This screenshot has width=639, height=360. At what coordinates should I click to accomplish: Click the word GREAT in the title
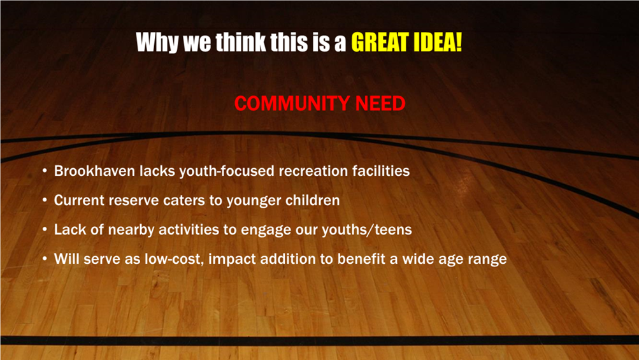(380, 42)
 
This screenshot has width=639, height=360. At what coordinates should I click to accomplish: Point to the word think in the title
(240, 42)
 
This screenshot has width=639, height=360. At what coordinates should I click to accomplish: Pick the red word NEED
(380, 104)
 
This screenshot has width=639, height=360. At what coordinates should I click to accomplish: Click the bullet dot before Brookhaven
(45, 171)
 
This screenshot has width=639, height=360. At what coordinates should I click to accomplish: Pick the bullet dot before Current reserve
(45, 201)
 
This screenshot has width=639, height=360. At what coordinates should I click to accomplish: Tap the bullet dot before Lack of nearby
(45, 230)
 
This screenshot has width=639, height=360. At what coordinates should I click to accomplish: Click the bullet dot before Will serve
(45, 259)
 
